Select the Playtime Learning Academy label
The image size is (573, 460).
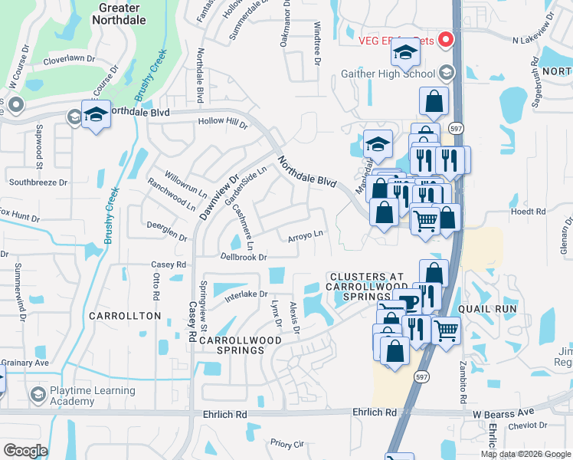[93, 396]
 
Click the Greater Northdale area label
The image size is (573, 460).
[119, 14]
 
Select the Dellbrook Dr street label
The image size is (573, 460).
[243, 257]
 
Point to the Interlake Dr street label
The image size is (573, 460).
[246, 294]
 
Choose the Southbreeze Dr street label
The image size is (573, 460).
[38, 182]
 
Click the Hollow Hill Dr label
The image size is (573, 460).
[223, 122]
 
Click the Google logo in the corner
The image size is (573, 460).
[25, 450]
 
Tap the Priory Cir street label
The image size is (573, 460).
[287, 443]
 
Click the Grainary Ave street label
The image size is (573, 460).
[25, 363]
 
